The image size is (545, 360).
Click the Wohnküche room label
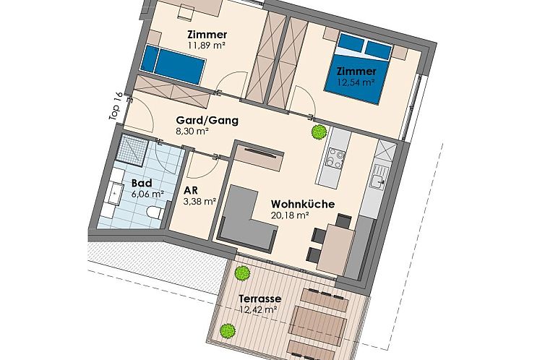[303, 204]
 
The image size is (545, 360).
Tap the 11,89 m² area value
[207, 45]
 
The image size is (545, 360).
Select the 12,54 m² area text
[356, 82]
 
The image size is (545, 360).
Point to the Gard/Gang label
[207, 121]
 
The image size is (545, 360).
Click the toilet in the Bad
[155, 212]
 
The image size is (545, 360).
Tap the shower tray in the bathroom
[132, 150]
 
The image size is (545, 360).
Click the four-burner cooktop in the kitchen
[336, 159]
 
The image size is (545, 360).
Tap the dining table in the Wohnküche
[336, 249]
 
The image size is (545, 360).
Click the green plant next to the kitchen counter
[319, 132]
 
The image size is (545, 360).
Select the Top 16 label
[116, 106]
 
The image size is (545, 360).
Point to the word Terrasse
[260, 299]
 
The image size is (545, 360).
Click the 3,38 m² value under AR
[200, 202]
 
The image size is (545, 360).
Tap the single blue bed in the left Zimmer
[172, 64]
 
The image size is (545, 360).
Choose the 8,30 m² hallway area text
[192, 132]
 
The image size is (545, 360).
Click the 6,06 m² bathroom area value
[147, 194]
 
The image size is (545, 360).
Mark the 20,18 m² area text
[291, 215]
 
